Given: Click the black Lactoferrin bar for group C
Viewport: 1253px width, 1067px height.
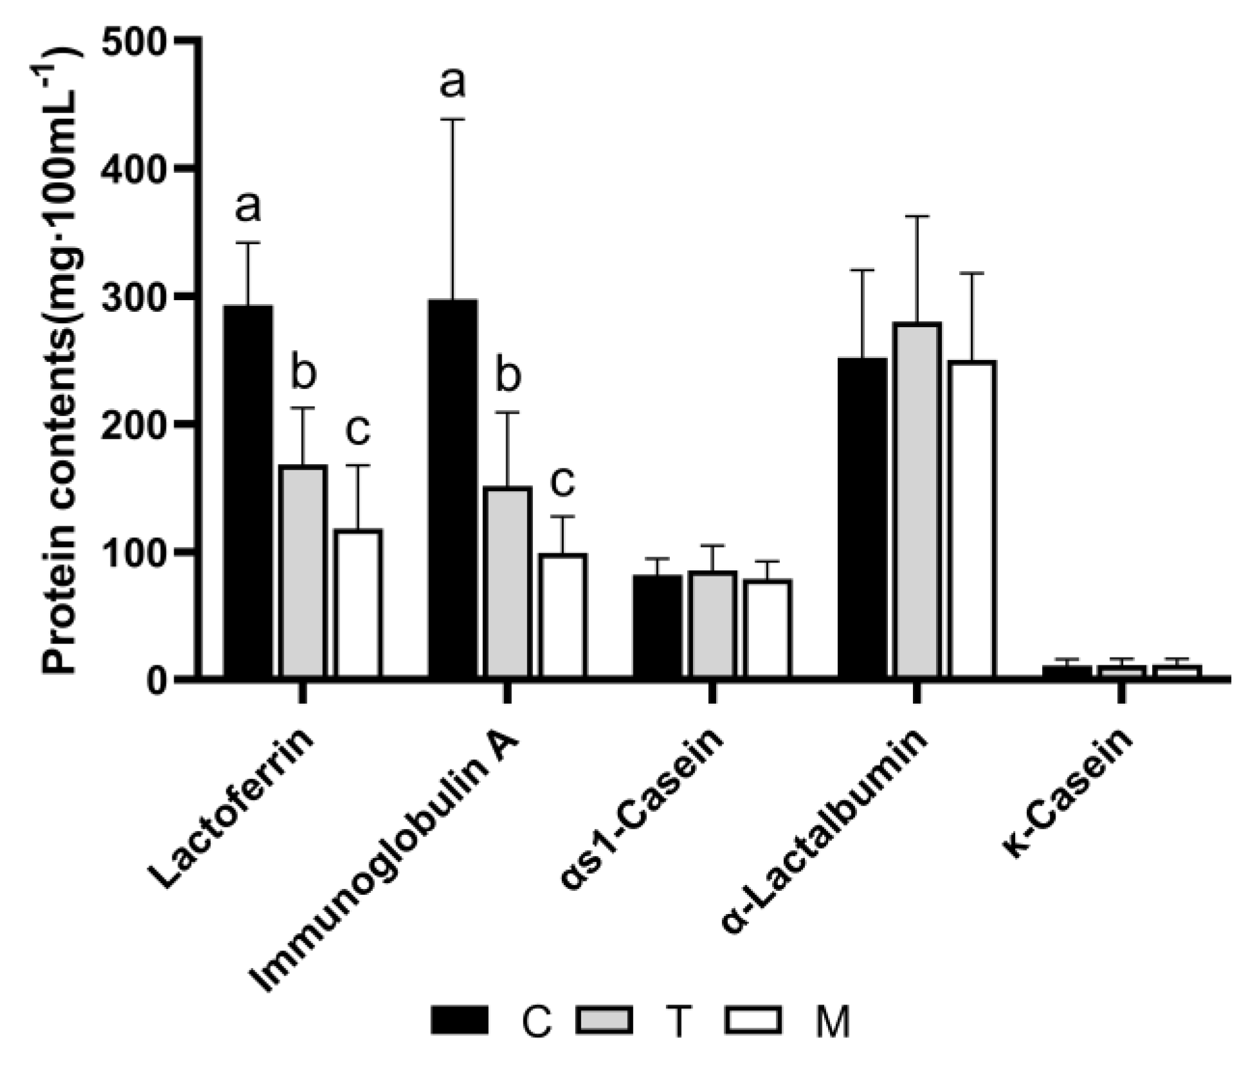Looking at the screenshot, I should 248,491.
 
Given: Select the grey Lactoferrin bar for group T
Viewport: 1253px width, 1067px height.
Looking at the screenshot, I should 303,571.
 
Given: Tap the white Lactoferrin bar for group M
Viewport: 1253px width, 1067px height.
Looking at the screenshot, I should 358,603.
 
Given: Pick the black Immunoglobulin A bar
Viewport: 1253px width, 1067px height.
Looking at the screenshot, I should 453,489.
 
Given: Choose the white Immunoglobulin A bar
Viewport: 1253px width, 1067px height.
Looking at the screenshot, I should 563,615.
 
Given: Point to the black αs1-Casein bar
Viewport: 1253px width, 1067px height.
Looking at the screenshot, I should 657,626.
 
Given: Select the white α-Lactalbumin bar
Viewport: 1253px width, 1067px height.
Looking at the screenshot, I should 972,519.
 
